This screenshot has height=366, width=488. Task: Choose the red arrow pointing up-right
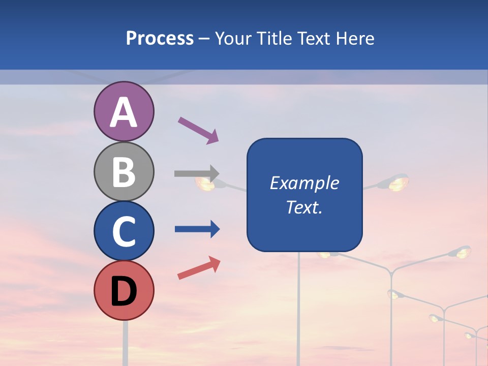(199, 268)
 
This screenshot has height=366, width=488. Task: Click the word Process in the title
(160, 39)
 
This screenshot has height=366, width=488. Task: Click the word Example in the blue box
(304, 183)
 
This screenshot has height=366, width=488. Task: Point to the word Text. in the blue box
(304, 207)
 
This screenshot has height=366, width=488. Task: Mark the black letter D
(124, 291)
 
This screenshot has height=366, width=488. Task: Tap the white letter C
(124, 231)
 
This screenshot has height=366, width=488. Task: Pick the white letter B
(124, 172)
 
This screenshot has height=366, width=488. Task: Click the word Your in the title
(232, 39)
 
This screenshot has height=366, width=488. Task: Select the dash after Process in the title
(204, 39)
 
